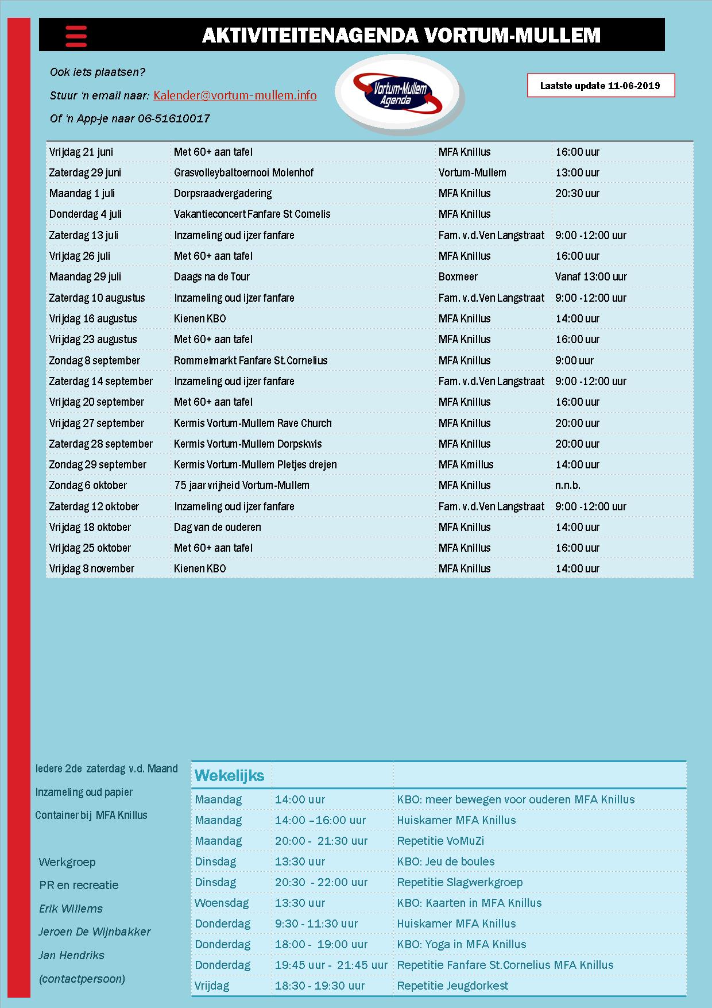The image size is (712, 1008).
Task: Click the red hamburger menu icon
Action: [x=76, y=36]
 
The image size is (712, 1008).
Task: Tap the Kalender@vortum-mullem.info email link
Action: [x=235, y=95]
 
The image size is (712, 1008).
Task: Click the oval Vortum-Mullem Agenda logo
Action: [x=400, y=94]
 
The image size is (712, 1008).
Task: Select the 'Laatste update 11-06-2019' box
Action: [x=600, y=86]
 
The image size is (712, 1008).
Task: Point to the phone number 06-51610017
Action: [x=173, y=118]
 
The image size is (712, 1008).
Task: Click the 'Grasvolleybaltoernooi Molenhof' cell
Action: [x=243, y=172]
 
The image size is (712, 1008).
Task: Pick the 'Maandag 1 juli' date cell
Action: [x=82, y=193]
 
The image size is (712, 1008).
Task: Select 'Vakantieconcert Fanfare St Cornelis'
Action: [x=252, y=214]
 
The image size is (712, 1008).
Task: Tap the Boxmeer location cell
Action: [x=458, y=276]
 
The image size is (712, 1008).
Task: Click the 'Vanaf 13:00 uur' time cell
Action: [x=591, y=276]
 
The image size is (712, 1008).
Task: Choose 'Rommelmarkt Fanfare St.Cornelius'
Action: [x=250, y=360]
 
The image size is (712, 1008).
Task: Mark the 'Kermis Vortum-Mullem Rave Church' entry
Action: [x=253, y=423]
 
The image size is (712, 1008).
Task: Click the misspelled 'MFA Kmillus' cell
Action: [x=466, y=464]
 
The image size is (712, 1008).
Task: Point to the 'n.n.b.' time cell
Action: [x=567, y=485]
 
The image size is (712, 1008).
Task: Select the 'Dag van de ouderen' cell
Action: [x=217, y=527]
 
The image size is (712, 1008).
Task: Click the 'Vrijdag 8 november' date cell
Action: [x=91, y=568]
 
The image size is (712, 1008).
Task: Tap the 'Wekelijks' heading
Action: [x=229, y=775]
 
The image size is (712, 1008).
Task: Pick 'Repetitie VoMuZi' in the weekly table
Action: [x=440, y=841]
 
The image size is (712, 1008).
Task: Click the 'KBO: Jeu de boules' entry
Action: [x=446, y=861]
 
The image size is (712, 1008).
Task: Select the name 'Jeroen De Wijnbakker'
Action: [x=94, y=932]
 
